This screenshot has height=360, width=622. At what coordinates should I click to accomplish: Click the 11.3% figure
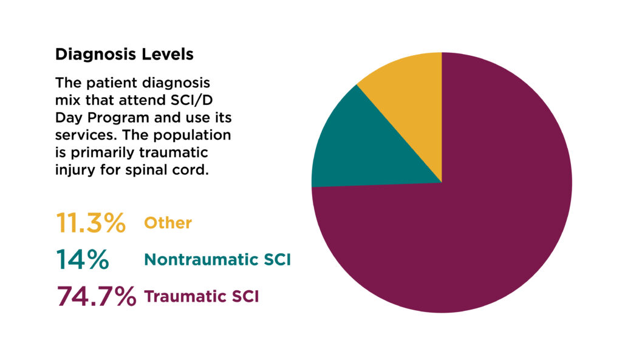tap(91, 222)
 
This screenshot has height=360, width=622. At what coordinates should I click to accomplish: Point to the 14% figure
tap(83, 259)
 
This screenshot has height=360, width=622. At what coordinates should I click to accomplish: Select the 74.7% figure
tap(97, 296)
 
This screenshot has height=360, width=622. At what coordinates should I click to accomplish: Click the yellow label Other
tap(168, 223)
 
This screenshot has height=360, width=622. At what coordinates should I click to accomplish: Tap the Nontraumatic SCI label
tap(217, 260)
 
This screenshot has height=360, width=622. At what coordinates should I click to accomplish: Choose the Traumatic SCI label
tap(201, 297)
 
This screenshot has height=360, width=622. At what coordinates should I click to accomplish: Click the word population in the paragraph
tap(192, 135)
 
